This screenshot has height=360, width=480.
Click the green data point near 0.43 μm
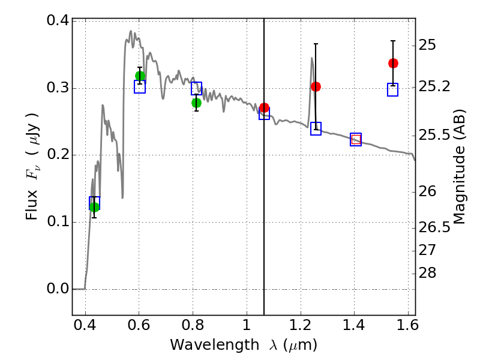[x=94, y=207]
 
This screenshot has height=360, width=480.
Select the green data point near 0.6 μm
[x=140, y=76]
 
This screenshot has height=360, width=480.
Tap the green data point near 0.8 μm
[x=196, y=103]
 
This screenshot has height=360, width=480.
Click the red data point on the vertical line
[x=264, y=108]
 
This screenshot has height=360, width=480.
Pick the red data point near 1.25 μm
[x=316, y=86]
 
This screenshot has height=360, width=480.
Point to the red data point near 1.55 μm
[x=393, y=63]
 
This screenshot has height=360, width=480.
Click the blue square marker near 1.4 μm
[x=356, y=139]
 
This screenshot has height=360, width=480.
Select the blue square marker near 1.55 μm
[x=393, y=90]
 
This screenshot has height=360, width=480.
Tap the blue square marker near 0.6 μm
[x=140, y=87]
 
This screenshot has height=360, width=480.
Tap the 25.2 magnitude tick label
[x=436, y=87]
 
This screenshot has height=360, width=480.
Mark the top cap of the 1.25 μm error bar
[x=316, y=44]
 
